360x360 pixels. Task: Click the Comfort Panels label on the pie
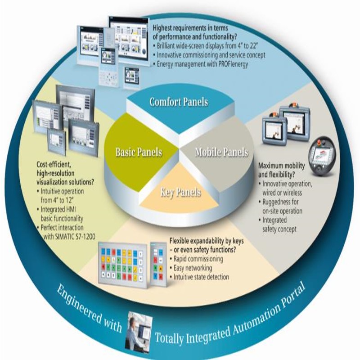[x=179, y=102]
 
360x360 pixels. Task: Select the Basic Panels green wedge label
[x=138, y=152]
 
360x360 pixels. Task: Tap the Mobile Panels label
[x=221, y=152]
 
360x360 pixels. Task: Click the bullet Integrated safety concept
[x=281, y=225]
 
